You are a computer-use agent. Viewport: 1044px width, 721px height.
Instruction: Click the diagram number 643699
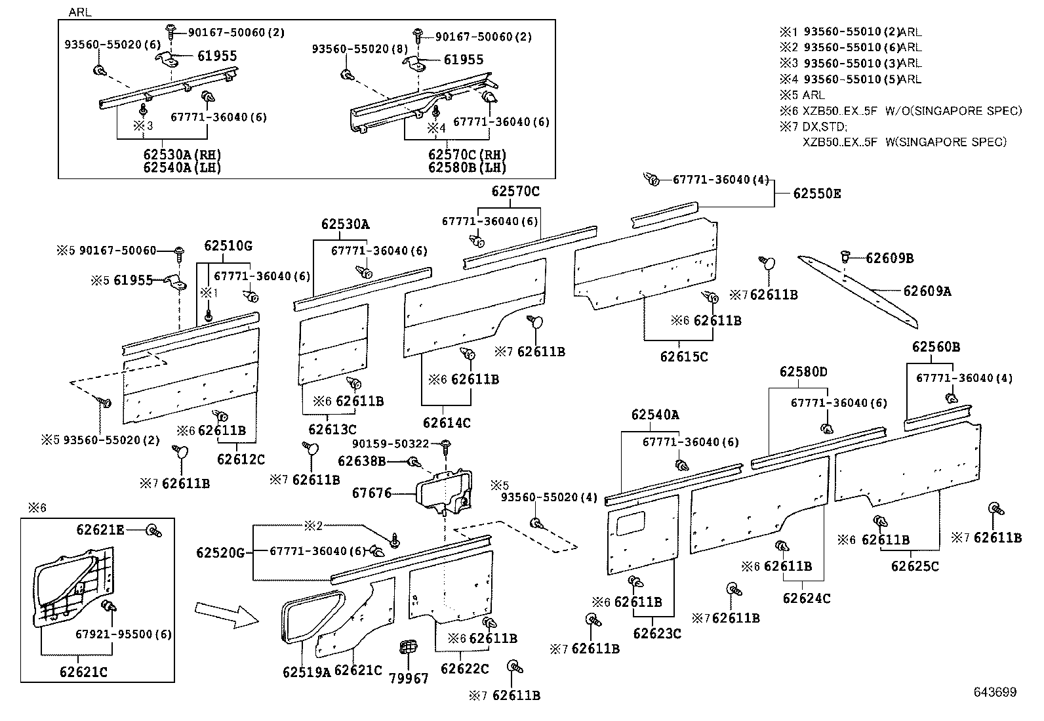tap(995, 692)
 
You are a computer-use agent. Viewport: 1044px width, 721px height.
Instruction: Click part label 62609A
tap(927, 291)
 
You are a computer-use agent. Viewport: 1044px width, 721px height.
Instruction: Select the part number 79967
tap(409, 678)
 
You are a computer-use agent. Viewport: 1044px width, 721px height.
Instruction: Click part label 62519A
tap(307, 672)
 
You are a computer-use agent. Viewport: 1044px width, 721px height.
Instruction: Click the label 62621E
tap(100, 530)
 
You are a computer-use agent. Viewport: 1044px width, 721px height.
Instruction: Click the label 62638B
tap(362, 461)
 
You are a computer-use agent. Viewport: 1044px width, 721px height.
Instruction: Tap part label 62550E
tap(817, 194)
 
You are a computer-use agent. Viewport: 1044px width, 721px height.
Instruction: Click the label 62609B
tap(889, 258)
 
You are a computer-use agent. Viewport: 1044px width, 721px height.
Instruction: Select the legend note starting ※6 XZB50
tap(900, 111)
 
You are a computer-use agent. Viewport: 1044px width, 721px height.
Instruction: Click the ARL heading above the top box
tap(80, 12)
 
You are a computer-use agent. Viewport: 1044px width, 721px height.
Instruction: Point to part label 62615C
tap(684, 357)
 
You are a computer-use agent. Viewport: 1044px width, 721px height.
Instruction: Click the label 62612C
tap(241, 459)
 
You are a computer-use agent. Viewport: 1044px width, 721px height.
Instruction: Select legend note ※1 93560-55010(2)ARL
tap(851, 31)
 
